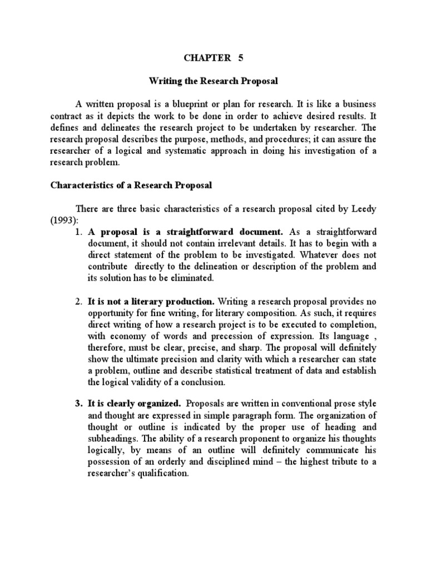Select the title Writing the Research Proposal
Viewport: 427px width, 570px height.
click(213, 81)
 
